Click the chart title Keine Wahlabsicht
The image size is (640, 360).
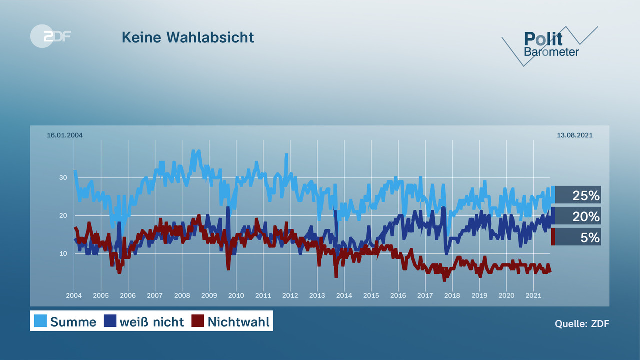coord(188,37)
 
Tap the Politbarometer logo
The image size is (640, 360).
coord(550,45)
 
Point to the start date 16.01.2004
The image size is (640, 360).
coord(65,135)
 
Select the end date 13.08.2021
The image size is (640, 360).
coord(575,135)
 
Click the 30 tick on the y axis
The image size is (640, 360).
coord(63,177)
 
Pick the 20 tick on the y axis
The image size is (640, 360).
coord(63,215)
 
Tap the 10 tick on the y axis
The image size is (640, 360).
coord(63,253)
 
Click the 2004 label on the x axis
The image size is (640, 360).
coord(74,295)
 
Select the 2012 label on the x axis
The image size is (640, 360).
coord(290,295)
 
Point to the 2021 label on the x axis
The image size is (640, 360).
coord(533,295)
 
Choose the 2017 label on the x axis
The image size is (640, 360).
coord(425,295)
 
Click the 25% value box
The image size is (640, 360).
coord(578,195)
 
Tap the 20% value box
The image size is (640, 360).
coord(578,216)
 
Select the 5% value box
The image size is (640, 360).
coord(578,237)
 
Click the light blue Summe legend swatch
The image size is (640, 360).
coord(40,321)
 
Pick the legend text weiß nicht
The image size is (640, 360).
coord(151,322)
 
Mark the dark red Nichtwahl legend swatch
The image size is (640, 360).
coord(198,321)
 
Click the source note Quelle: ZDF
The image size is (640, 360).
coord(582,323)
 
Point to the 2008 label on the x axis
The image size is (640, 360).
coord(182,295)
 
